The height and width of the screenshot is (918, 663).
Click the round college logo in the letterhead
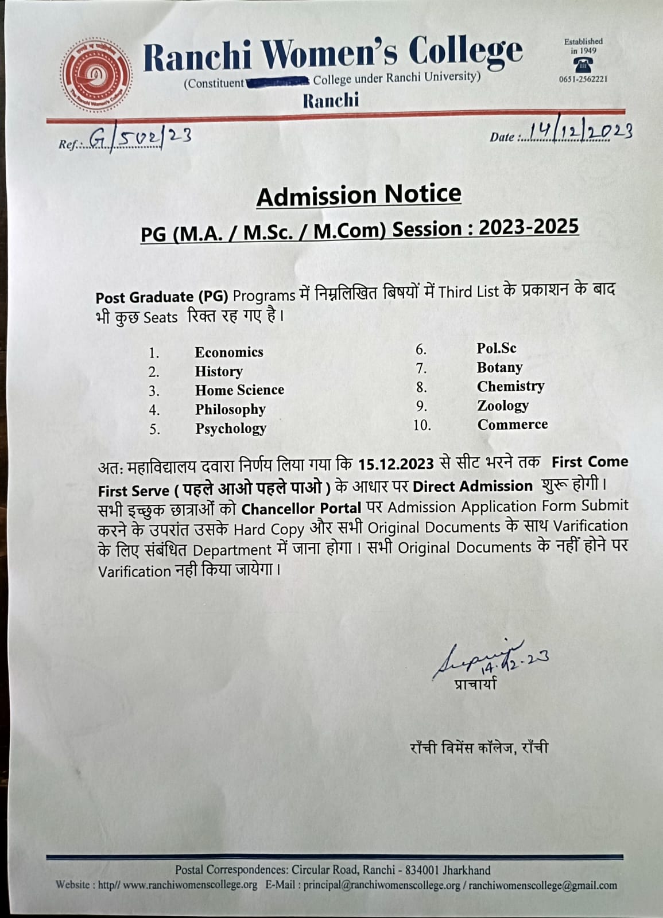(x=96, y=76)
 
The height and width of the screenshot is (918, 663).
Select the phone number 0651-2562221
(x=583, y=79)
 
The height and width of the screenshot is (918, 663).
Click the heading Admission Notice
(x=359, y=195)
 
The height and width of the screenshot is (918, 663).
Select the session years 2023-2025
(x=529, y=227)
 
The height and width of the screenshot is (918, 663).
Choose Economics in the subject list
(x=229, y=352)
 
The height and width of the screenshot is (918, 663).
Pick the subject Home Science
(x=239, y=390)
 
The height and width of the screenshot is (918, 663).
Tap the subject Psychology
(x=231, y=429)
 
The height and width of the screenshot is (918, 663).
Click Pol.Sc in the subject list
(x=497, y=348)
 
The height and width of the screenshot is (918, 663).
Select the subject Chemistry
(x=510, y=386)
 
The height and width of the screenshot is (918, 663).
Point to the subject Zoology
(x=503, y=406)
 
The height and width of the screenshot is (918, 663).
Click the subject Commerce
(x=513, y=425)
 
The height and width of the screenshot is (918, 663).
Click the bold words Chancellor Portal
(x=301, y=509)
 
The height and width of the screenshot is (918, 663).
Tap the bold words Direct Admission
(x=472, y=487)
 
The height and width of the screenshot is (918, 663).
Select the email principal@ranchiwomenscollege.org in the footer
(x=382, y=885)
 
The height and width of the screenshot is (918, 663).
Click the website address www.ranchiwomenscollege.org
(x=190, y=885)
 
